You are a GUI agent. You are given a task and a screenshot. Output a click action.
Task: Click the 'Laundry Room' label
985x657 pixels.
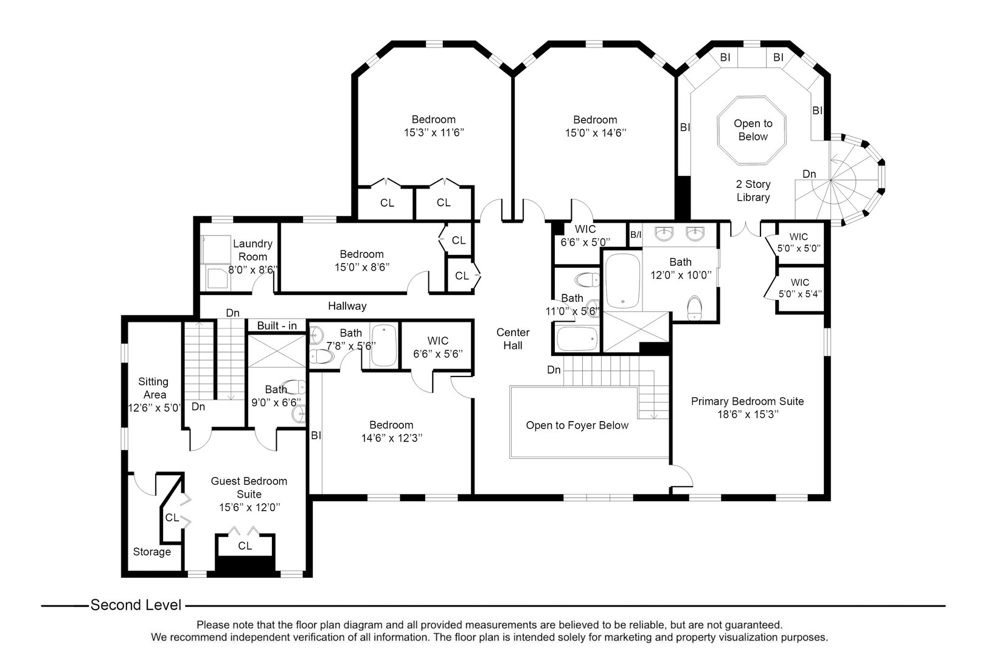[252, 250]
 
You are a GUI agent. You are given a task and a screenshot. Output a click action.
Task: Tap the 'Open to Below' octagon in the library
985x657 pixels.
[753, 130]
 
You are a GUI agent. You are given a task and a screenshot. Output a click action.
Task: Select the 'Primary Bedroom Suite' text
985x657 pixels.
[747, 401]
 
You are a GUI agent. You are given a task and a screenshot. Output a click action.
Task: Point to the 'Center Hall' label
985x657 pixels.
[513, 339]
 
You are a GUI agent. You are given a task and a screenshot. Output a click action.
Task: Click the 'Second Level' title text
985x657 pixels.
[136, 605]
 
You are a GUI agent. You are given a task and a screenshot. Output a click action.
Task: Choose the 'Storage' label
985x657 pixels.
[152, 552]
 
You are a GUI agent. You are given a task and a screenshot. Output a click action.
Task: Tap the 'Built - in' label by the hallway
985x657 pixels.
[277, 326]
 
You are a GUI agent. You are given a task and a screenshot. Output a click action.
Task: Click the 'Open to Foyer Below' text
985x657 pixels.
[577, 425]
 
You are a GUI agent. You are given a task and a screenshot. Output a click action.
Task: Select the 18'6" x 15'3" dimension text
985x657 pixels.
[747, 415]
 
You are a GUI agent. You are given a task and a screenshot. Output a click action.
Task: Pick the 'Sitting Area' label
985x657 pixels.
[153, 388]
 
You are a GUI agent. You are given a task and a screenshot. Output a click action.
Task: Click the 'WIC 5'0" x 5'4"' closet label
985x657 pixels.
[799, 288]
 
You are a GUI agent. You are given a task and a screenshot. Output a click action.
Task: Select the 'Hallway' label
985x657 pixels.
[347, 306]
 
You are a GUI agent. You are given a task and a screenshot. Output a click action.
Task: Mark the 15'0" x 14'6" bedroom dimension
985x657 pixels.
[595, 133]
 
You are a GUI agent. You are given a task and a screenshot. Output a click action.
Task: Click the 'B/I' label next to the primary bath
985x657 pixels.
[635, 235]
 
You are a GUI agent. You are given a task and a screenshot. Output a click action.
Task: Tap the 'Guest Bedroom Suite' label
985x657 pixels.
[249, 487]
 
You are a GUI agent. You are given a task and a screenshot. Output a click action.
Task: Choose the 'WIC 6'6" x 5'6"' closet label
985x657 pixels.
[437, 347]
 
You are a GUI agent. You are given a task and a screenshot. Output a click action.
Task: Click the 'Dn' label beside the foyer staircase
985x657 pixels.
[554, 370]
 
